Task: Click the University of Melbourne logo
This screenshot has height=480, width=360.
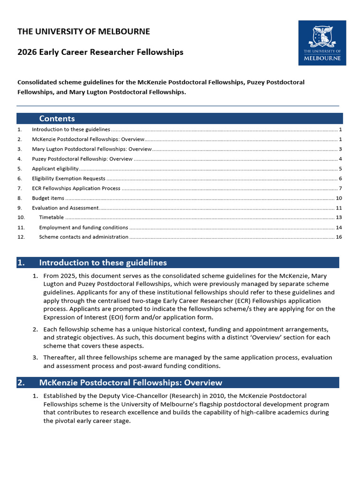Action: [x=322, y=43]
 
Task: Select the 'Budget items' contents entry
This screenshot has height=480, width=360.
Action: [x=48, y=198]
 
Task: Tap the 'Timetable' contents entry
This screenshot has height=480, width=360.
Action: [x=52, y=217]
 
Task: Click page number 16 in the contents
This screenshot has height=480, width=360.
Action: [x=339, y=237]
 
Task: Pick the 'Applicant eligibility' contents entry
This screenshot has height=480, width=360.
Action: [x=55, y=169]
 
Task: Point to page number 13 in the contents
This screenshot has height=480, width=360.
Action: [x=339, y=217]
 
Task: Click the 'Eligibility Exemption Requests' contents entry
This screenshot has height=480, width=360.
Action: [x=68, y=179]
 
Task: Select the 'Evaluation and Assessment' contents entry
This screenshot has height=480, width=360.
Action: [x=65, y=208]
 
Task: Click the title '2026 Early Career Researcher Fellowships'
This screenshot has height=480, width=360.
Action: [x=100, y=52]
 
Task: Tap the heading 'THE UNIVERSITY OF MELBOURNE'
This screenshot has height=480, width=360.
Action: [x=84, y=32]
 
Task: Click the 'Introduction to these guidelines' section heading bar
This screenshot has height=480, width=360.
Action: [x=178, y=262]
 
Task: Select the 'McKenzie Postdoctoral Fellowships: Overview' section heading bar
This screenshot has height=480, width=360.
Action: [x=178, y=383]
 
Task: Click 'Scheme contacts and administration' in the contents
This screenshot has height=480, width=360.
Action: [x=83, y=237]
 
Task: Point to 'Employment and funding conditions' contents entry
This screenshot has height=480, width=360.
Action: [x=83, y=227]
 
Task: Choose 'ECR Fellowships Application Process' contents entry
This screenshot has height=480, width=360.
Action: [x=76, y=188]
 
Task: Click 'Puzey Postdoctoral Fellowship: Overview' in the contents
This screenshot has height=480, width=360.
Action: [x=82, y=159]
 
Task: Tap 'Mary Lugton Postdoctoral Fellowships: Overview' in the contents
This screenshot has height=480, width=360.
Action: [x=92, y=149]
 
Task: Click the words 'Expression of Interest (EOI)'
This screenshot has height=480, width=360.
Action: [x=84, y=317]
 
